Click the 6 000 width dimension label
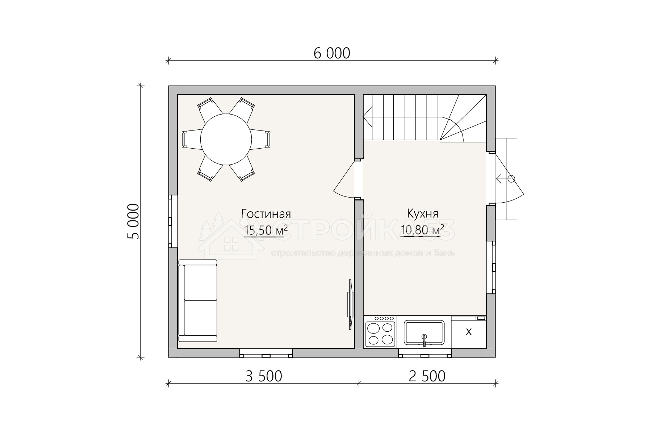(x=332, y=53)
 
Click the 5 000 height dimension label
(x=133, y=221)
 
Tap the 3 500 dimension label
(x=264, y=376)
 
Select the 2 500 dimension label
(x=427, y=376)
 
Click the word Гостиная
(x=266, y=214)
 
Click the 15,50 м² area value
(x=266, y=230)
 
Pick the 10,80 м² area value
(x=422, y=230)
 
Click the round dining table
(x=226, y=139)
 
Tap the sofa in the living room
(x=198, y=301)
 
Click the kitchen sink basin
(x=424, y=332)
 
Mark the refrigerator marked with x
(x=469, y=332)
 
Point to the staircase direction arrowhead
(x=366, y=118)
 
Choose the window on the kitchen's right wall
(x=491, y=267)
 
